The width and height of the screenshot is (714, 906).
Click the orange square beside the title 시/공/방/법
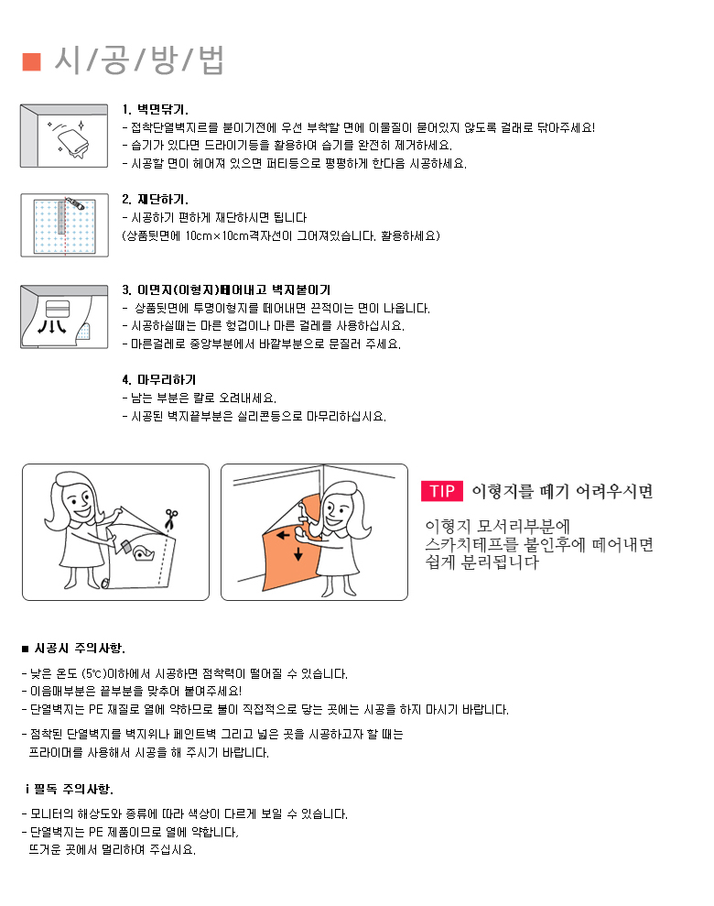32,61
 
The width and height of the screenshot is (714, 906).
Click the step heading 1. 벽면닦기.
156,109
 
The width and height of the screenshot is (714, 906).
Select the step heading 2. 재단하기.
156,200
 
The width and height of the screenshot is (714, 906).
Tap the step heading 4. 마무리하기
159,379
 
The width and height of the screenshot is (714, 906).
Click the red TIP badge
442,490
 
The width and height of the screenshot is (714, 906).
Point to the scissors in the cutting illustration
170,518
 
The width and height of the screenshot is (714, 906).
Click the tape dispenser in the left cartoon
143,553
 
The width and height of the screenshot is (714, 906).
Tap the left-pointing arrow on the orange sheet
283,535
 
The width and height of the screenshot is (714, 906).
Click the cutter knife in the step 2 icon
75,202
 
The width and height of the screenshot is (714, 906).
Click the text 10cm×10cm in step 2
216,235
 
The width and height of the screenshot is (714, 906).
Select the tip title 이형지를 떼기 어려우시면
562,492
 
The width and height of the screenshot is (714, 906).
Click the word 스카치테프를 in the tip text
471,544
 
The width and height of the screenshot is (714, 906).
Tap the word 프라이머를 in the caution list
56,753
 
